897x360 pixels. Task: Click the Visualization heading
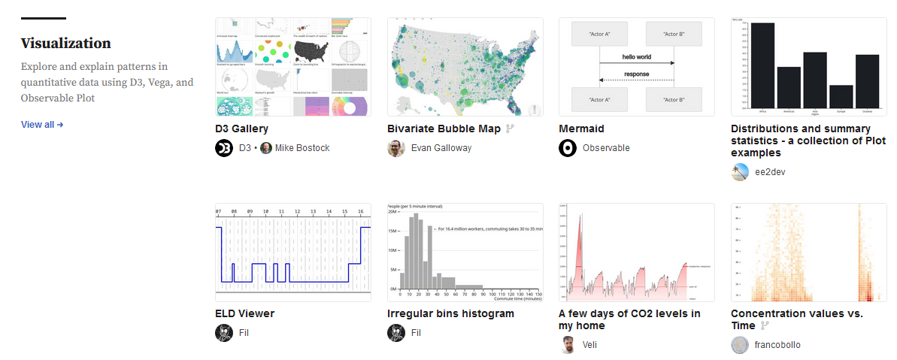65,44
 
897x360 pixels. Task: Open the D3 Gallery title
241,129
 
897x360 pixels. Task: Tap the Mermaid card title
581,129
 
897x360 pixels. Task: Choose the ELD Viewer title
244,313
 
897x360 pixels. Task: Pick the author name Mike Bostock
302,148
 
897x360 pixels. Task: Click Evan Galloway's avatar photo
396,148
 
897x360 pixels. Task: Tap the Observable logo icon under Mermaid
568,148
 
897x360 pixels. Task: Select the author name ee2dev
770,172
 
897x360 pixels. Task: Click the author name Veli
590,345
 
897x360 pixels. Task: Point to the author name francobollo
777,345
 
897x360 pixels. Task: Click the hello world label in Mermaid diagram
636,56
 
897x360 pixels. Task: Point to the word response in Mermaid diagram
636,74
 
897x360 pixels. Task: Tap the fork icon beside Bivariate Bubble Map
510,129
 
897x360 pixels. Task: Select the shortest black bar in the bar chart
841,95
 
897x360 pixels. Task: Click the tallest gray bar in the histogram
414,252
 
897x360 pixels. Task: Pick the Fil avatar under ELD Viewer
224,332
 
